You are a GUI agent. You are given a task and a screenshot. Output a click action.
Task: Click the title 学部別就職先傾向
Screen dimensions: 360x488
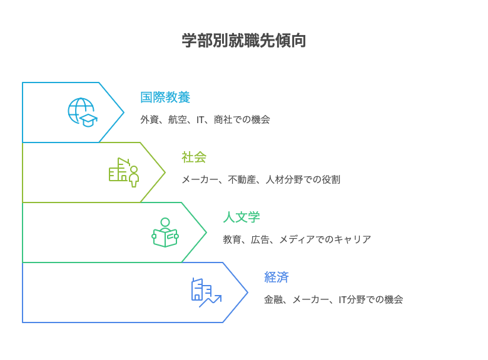(243, 41)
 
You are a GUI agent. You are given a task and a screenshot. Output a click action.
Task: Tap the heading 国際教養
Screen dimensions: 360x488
(165, 97)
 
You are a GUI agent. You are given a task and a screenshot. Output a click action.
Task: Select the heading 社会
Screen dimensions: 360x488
(194, 157)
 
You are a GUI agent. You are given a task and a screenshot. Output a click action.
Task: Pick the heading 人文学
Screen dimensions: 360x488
(241, 217)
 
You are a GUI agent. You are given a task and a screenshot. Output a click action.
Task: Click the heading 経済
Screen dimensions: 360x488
(277, 277)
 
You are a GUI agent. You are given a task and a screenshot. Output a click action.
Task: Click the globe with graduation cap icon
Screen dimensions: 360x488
(83, 112)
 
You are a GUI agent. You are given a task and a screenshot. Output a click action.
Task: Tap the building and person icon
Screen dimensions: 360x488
(124, 172)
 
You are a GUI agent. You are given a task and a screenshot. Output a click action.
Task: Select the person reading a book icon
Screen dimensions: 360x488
(165, 232)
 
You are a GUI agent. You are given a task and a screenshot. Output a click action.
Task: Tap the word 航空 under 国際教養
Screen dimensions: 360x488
(178, 119)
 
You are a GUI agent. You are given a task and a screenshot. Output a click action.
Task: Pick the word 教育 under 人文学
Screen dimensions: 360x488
(232, 239)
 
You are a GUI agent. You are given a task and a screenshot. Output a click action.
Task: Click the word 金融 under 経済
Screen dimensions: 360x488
(273, 299)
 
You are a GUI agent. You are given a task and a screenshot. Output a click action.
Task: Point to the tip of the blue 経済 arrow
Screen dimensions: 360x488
(247, 292)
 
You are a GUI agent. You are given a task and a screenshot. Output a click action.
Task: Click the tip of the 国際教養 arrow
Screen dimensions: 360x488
(123, 112)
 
